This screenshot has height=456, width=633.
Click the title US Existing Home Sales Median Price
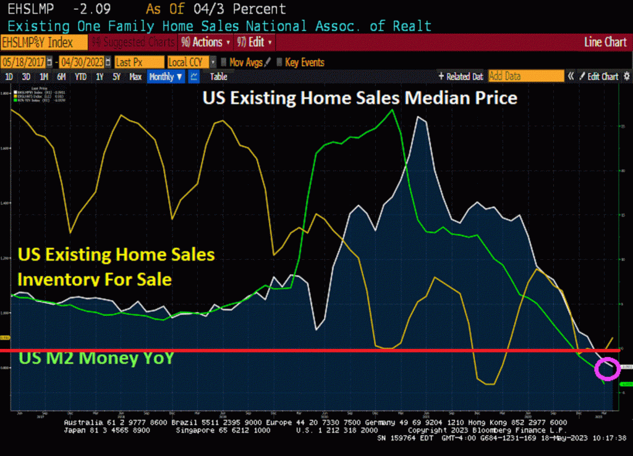point(360,98)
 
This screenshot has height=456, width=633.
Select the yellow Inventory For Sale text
point(95,279)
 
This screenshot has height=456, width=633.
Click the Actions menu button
point(206,43)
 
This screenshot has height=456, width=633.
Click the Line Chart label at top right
point(605,43)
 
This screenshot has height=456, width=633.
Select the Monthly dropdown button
point(166,77)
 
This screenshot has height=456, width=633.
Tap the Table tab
point(218,77)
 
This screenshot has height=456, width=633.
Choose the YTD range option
point(80,77)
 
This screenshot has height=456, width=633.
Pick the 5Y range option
point(116,77)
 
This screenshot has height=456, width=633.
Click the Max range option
point(135,77)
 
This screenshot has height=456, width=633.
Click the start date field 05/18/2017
point(24,62)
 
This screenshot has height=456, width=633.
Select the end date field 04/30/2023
point(82,62)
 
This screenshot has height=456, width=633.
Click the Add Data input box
point(525,76)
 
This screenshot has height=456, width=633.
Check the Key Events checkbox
point(280,62)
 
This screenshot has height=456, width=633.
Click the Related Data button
point(461,77)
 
